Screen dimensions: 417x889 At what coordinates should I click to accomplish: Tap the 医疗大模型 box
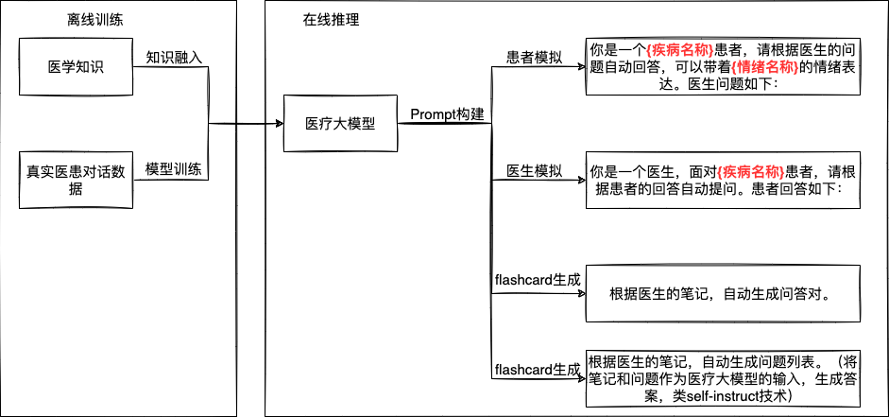tap(339, 123)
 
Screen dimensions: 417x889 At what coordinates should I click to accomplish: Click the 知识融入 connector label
tap(174, 57)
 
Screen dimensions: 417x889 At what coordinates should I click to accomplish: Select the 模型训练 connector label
tap(174, 170)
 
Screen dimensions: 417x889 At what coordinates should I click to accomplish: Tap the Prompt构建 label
tap(447, 114)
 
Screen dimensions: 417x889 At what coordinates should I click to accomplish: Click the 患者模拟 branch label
tap(535, 58)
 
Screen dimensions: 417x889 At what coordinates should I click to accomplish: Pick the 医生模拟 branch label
tap(535, 171)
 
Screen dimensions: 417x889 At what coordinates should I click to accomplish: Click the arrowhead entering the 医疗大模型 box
tap(279, 123)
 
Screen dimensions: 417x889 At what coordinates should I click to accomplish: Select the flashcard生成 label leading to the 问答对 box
tap(537, 281)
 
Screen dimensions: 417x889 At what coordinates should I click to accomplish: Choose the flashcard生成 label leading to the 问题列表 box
tap(537, 369)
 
